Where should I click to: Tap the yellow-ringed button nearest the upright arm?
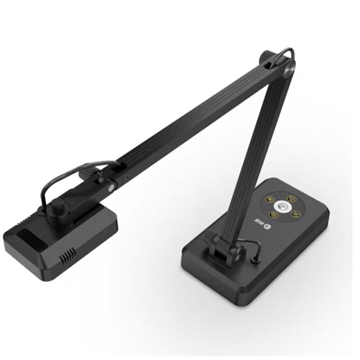tap(270, 198)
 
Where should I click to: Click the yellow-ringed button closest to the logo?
tap(273, 215)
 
